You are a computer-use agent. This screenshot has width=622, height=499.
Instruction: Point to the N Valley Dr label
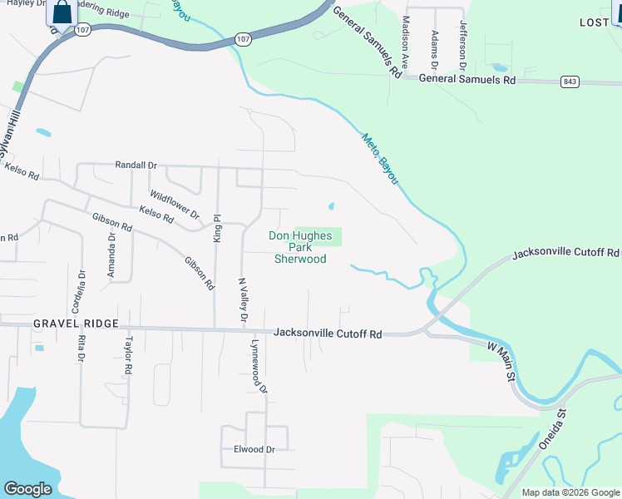[x=243, y=300]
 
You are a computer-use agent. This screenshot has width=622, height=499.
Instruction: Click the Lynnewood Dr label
[x=258, y=365]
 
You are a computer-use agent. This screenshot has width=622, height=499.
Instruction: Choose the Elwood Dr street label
[x=254, y=450]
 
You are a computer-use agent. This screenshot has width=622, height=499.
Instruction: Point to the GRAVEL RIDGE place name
[x=77, y=323]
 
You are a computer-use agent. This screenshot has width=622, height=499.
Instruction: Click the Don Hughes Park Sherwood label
[x=300, y=247]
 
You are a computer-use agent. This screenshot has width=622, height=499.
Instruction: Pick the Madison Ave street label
[x=406, y=42]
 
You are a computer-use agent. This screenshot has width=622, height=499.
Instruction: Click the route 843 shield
[x=570, y=82]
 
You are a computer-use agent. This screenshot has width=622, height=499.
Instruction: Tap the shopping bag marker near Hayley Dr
[x=62, y=12]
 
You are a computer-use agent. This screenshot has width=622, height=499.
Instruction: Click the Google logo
[x=27, y=489]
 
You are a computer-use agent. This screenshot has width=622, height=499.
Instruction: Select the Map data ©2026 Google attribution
[x=570, y=492]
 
